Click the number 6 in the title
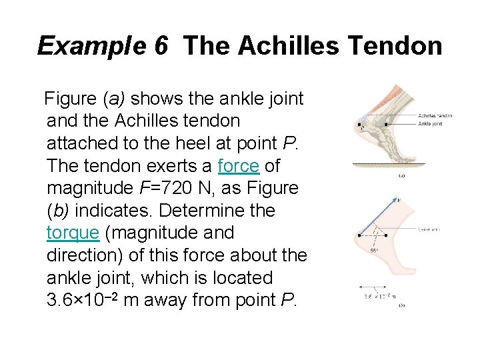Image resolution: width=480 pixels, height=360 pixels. (x=161, y=46)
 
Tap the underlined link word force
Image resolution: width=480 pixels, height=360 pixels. (x=239, y=165)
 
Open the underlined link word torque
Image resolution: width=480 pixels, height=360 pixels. (x=73, y=233)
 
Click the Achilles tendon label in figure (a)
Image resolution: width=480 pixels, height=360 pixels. (x=435, y=116)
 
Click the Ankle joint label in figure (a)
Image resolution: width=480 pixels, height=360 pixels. (x=430, y=123)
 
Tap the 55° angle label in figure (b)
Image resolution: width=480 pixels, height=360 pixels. (x=374, y=250)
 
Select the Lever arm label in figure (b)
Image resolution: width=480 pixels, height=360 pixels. (x=428, y=229)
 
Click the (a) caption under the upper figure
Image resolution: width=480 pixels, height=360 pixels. (x=402, y=176)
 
